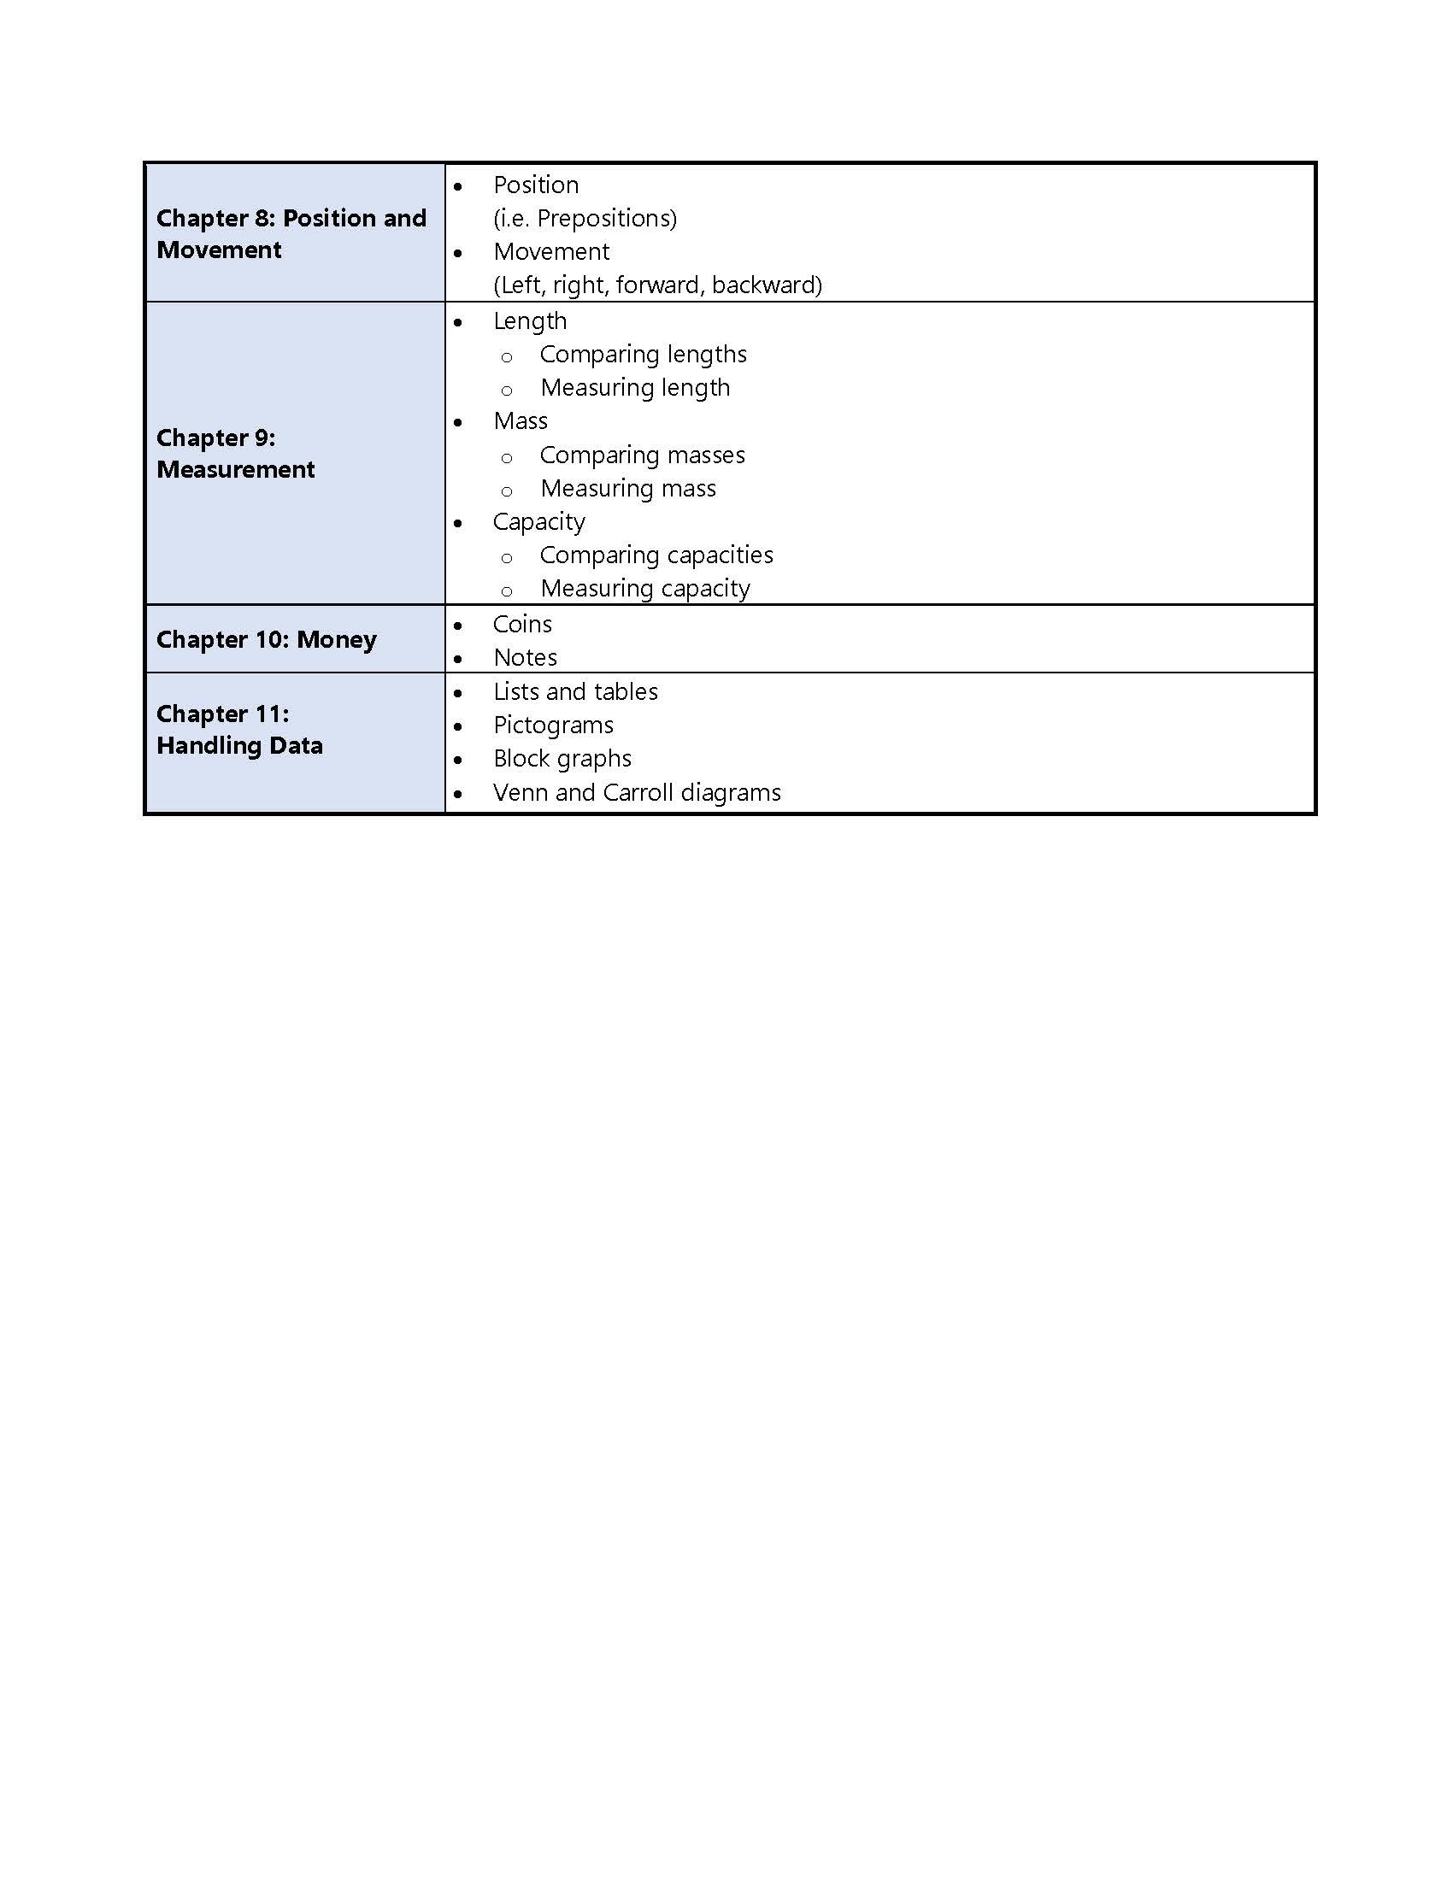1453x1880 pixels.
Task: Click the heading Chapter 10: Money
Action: click(266, 639)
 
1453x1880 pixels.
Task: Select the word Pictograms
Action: click(553, 726)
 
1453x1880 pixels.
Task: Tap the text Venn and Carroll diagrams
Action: click(636, 793)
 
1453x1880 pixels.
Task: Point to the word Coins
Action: click(521, 624)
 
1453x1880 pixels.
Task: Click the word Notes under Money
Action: click(525, 658)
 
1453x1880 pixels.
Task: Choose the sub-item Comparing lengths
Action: click(642, 355)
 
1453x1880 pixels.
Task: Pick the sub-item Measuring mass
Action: click(627, 489)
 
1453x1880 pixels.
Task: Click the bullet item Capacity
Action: click(538, 522)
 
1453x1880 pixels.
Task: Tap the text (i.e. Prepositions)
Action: click(585, 219)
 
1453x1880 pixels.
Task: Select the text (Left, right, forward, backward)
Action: click(656, 285)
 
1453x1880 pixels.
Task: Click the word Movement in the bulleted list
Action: click(551, 252)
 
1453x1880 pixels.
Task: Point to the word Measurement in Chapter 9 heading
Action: click(235, 470)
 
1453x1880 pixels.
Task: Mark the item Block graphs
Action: click(562, 759)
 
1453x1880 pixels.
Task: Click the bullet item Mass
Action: click(520, 422)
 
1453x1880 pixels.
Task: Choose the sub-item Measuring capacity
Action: click(644, 589)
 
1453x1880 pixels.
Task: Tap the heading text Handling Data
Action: click(239, 746)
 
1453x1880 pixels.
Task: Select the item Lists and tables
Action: click(575, 692)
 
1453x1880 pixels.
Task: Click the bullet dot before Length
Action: click(458, 322)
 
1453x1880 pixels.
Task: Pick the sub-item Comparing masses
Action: click(641, 455)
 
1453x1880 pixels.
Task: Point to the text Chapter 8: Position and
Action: click(291, 219)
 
